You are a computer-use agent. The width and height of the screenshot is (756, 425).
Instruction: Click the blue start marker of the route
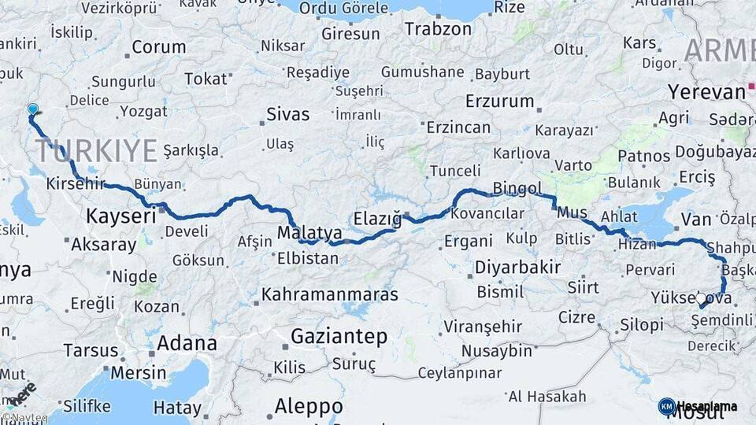[32, 109]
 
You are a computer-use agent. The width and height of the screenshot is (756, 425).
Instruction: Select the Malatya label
[309, 233]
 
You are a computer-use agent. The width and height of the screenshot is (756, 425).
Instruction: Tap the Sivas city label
[287, 114]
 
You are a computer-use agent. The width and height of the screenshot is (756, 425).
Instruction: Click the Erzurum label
[499, 102]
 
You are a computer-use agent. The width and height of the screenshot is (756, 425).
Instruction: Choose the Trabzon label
[438, 29]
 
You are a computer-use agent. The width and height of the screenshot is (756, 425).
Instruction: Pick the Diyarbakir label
[517, 267]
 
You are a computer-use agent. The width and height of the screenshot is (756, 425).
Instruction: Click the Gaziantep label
[339, 337]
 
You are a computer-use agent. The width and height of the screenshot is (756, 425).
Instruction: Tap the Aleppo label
[308, 406]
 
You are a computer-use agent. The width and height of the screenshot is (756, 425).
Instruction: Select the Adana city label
[187, 343]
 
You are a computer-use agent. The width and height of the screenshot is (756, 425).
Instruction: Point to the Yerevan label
[706, 92]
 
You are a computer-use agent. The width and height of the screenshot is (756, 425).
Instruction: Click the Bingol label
[517, 188]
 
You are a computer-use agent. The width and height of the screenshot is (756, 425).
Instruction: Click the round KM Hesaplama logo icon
[666, 406]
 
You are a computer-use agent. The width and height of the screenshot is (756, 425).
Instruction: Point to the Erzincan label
[458, 128]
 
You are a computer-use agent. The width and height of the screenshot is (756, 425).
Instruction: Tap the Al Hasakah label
[547, 396]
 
